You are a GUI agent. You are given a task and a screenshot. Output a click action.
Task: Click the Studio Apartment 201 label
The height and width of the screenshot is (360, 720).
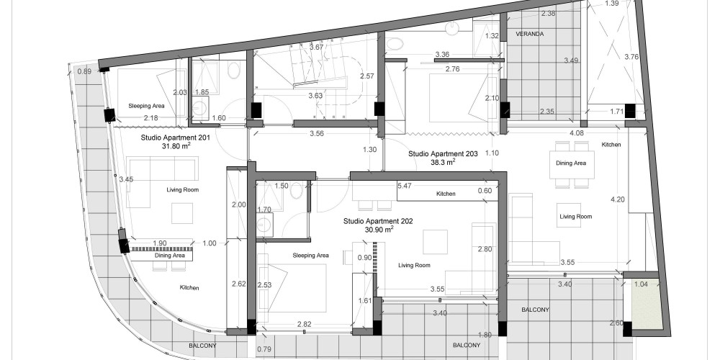176,138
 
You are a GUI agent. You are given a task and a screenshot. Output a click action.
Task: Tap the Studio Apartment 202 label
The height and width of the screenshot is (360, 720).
378,221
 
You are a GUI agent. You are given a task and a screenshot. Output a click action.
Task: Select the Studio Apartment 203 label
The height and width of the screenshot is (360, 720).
443,154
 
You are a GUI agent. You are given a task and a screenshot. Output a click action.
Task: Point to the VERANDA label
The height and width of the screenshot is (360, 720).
529,34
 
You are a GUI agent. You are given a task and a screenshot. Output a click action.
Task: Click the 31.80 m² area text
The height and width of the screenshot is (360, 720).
176,146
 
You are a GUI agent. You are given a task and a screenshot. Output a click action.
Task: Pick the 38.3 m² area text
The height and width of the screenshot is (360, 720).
443,162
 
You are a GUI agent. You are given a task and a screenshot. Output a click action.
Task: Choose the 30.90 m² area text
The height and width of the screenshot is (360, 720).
379,230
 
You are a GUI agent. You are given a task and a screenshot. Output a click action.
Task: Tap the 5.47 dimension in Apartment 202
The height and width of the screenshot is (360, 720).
405,186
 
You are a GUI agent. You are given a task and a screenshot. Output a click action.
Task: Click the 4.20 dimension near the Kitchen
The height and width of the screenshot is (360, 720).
617,199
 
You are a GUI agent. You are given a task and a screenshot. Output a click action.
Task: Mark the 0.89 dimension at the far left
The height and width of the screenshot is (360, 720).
84,71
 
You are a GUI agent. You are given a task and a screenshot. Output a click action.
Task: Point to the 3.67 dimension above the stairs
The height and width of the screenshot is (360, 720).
316,48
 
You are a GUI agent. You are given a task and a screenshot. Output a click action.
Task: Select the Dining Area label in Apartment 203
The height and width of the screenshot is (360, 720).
571,163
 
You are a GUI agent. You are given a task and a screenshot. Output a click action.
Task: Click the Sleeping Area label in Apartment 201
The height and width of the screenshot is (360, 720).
146,106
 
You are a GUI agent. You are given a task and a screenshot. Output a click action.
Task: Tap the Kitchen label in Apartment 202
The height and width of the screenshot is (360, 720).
446,194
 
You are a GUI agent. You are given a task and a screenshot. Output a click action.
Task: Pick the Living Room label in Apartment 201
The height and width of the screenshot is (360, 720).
183,189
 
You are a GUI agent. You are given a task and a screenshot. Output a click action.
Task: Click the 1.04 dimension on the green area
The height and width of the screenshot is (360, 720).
641,284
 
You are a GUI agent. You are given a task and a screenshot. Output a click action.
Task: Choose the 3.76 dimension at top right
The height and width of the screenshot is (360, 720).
632,57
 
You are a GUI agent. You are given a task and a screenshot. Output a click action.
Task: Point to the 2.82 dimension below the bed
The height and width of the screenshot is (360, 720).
304,324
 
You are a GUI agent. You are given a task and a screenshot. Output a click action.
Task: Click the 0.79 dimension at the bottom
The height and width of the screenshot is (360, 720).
264,349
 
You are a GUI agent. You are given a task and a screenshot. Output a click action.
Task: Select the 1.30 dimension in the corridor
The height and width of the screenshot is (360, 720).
369,150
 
